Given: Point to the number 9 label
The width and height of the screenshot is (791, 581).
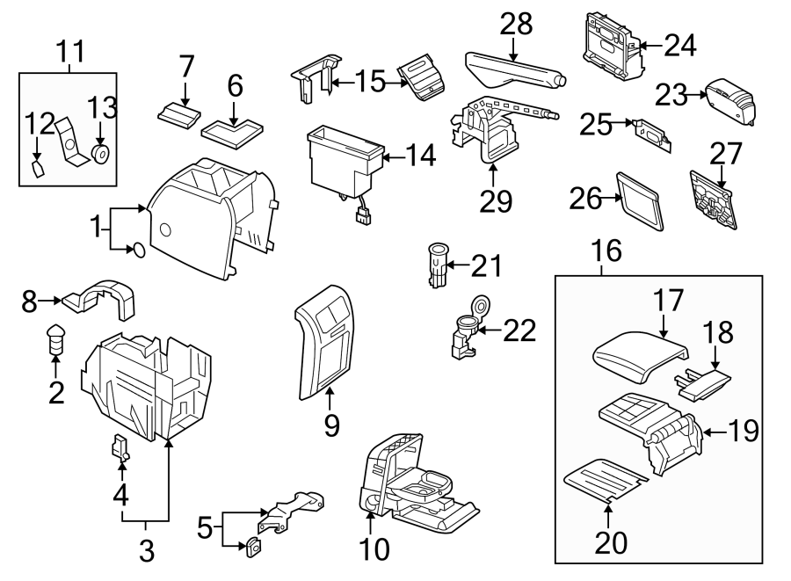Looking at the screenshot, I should tap(330, 425).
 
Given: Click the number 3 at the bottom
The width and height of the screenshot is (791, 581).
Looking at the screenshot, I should tap(146, 551).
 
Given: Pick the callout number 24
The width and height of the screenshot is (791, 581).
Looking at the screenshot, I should tap(679, 45).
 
